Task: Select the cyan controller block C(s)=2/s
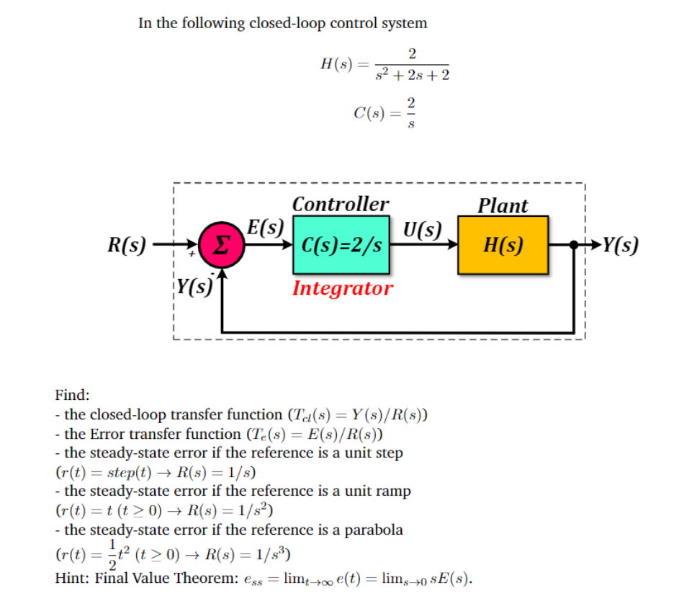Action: coord(341,245)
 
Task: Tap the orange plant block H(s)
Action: coord(503,245)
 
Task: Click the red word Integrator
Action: coord(342,288)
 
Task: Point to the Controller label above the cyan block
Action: coord(341,204)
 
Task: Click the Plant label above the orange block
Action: coord(503,205)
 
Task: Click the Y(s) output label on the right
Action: coord(620,245)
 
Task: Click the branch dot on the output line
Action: coord(574,245)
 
